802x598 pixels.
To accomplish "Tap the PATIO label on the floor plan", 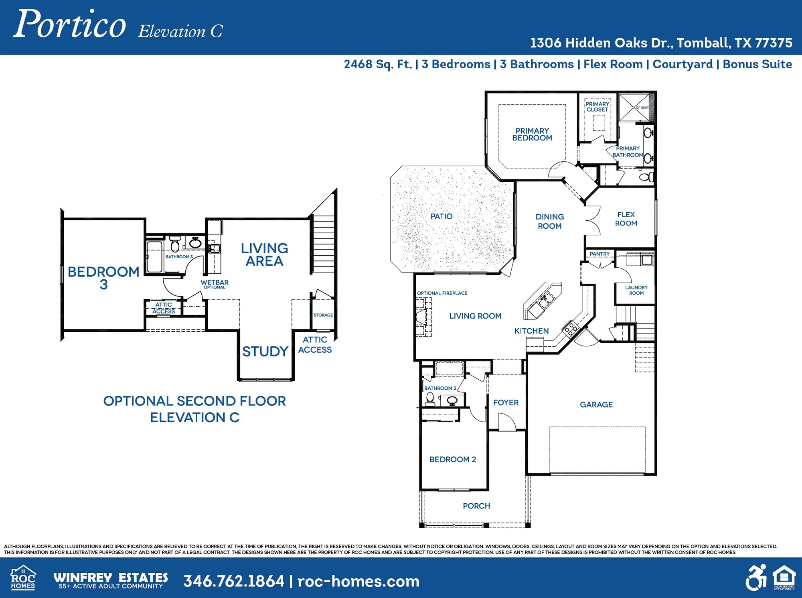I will [441, 216].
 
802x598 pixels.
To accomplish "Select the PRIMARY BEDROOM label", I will [532, 134].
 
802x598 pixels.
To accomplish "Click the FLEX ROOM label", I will [626, 219].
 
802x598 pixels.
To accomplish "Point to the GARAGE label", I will [596, 405].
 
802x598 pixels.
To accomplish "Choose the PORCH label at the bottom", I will [476, 506].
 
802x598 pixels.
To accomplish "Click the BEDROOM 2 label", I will [453, 460].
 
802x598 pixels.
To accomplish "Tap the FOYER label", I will [506, 403].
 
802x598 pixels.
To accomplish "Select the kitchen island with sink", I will [542, 301].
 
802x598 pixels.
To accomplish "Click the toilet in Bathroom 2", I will [430, 399].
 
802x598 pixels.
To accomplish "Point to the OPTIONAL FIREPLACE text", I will [442, 293].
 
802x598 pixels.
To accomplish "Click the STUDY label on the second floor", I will [265, 352].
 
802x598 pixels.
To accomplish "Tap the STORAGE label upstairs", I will [323, 315].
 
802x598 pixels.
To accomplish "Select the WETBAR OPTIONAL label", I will [215, 284].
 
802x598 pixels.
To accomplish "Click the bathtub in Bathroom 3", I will [154, 257].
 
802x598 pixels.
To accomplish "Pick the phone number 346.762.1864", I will [234, 581].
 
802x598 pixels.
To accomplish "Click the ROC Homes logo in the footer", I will [23, 578].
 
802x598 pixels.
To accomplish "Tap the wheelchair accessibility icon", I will [756, 578].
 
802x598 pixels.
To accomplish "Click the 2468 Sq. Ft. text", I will [378, 64].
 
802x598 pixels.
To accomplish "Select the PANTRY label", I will [599, 254].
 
